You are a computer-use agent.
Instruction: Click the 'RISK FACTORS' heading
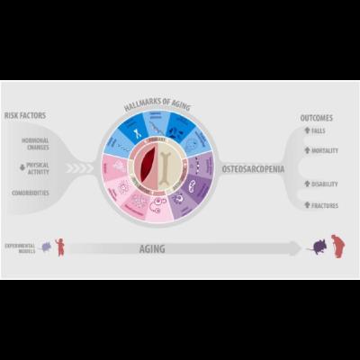pos(24,115)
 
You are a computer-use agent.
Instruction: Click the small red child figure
pos(60,246)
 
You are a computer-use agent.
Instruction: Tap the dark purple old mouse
pos(317,247)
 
